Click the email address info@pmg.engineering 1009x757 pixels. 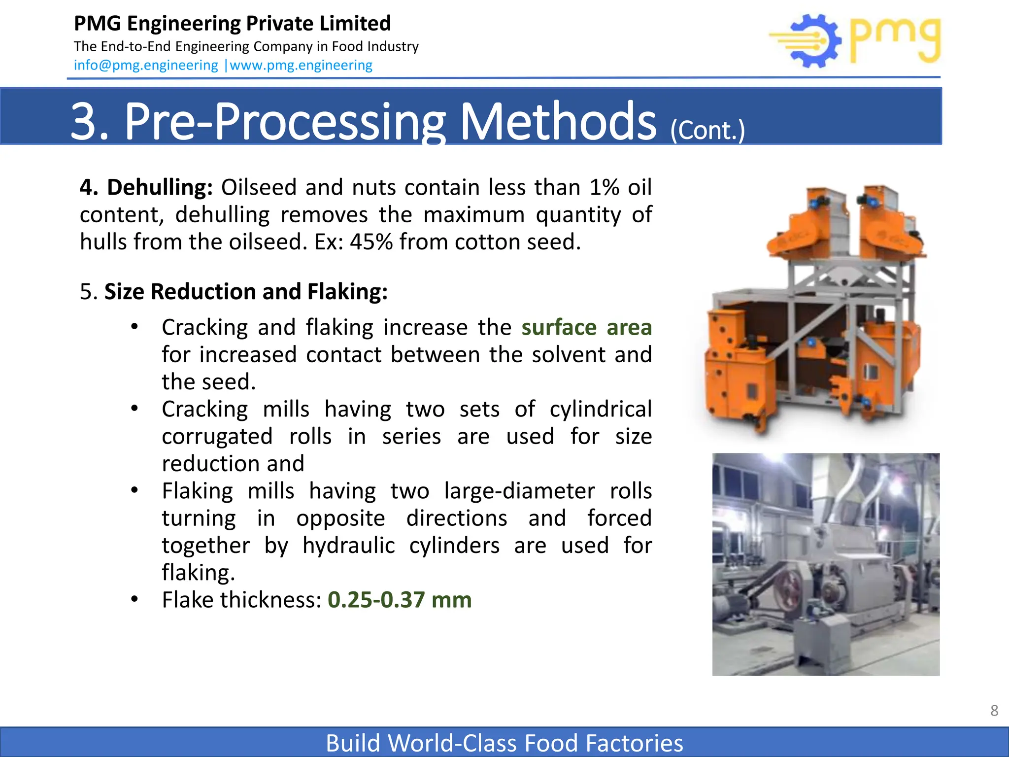(x=146, y=65)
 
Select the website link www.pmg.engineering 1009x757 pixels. (x=301, y=65)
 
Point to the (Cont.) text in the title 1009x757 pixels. (x=707, y=130)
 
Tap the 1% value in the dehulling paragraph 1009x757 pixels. (x=604, y=187)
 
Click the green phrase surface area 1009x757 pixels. (x=586, y=327)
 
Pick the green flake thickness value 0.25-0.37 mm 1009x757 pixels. (x=400, y=600)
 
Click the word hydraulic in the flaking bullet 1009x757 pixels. (x=348, y=546)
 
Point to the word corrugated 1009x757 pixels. (x=217, y=437)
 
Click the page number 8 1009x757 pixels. (x=994, y=710)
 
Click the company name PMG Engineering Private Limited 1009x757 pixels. (x=232, y=23)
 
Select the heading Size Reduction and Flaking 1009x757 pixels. (x=246, y=291)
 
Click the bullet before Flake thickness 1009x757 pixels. (x=135, y=599)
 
